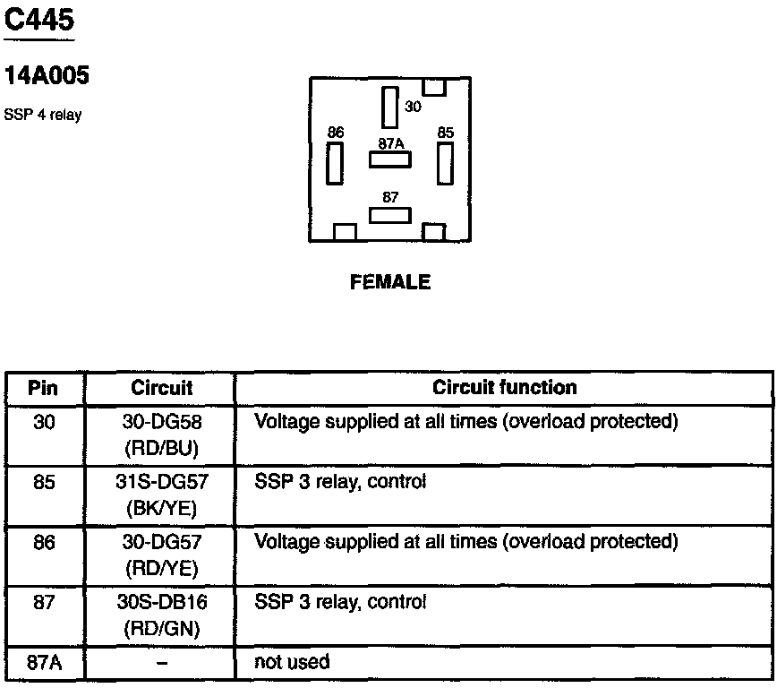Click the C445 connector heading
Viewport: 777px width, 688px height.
(x=38, y=20)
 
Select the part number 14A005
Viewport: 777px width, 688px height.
(x=47, y=77)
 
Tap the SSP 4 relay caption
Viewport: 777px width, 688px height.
(x=43, y=115)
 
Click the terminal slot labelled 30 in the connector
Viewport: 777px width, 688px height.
(x=389, y=107)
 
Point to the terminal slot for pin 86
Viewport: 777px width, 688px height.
(x=335, y=162)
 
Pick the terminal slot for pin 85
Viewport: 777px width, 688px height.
(x=445, y=162)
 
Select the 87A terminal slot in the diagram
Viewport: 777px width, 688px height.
(x=390, y=159)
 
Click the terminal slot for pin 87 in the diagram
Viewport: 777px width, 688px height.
(x=390, y=216)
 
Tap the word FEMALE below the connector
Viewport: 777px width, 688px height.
(x=390, y=282)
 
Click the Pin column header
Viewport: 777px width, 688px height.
(x=44, y=388)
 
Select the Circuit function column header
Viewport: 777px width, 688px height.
(x=504, y=388)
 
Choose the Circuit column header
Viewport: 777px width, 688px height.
(x=162, y=388)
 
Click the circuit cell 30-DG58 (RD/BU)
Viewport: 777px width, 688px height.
(x=162, y=434)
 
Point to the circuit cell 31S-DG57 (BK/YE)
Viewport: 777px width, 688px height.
(x=162, y=494)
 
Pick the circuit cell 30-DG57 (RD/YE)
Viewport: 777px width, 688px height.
(x=162, y=555)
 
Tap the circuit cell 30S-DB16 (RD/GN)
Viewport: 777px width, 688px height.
(x=162, y=615)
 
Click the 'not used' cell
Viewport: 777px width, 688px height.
(x=293, y=663)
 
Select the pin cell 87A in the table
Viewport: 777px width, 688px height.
(x=44, y=663)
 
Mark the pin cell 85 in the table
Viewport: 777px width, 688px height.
(x=44, y=482)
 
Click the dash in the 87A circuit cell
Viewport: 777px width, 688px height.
(x=162, y=664)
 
